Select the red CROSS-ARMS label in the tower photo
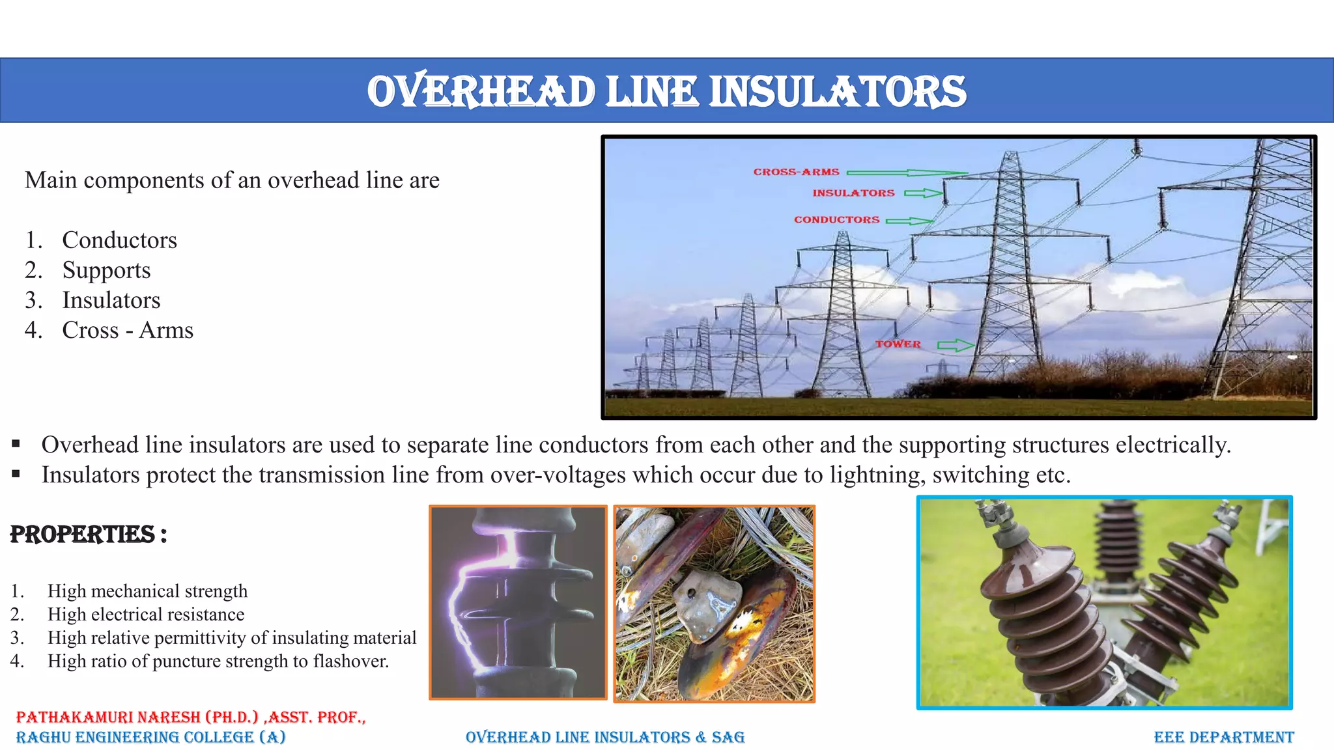pyautogui.click(x=796, y=172)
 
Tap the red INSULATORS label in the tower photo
pyautogui.click(x=853, y=193)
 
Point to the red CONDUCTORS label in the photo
pyautogui.click(x=836, y=220)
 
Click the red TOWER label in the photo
pyautogui.click(x=898, y=344)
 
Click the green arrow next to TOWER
pyautogui.click(x=956, y=345)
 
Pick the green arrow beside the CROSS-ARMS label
pyautogui.click(x=905, y=173)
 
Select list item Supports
pyautogui.click(x=106, y=270)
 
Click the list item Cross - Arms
pyautogui.click(x=128, y=330)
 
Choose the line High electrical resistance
pyautogui.click(x=146, y=614)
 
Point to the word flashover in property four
pyautogui.click(x=350, y=661)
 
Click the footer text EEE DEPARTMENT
pyautogui.click(x=1223, y=737)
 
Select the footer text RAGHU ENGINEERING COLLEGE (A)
pyautogui.click(x=150, y=737)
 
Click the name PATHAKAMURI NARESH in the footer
pyautogui.click(x=108, y=717)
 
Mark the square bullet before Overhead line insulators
pyautogui.click(x=16, y=445)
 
